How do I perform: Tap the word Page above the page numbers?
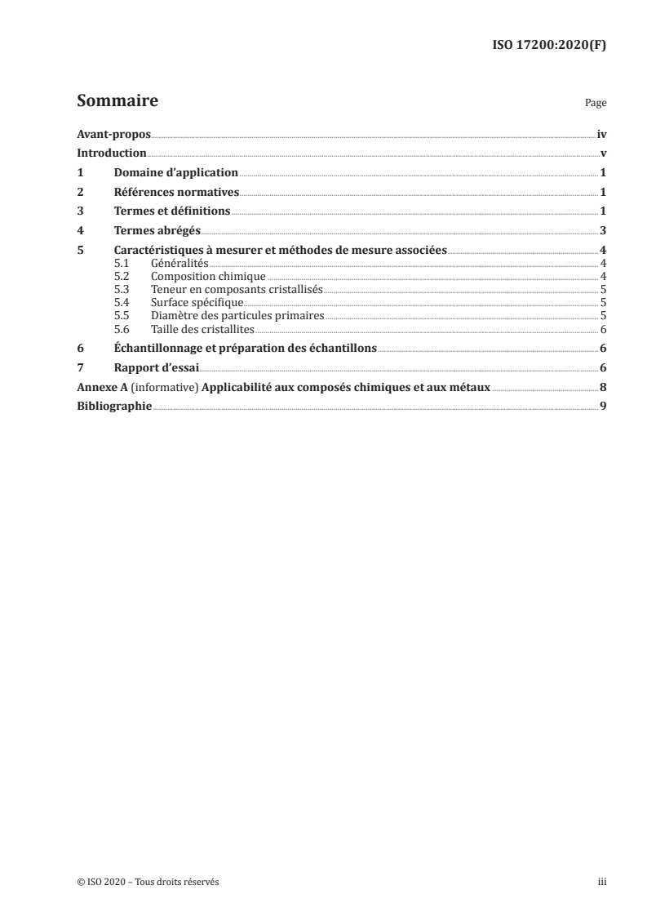[596, 104]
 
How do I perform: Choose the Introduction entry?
[111, 153]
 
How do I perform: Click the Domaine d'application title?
[175, 172]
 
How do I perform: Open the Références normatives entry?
[176, 192]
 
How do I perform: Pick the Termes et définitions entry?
[172, 211]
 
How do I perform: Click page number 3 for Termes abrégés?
[602, 231]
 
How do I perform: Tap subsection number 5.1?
[122, 264]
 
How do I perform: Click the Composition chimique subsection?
[208, 277]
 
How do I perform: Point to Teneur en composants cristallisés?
[237, 290]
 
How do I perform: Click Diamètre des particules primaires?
[237, 316]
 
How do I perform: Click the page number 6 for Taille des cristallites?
[602, 329]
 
